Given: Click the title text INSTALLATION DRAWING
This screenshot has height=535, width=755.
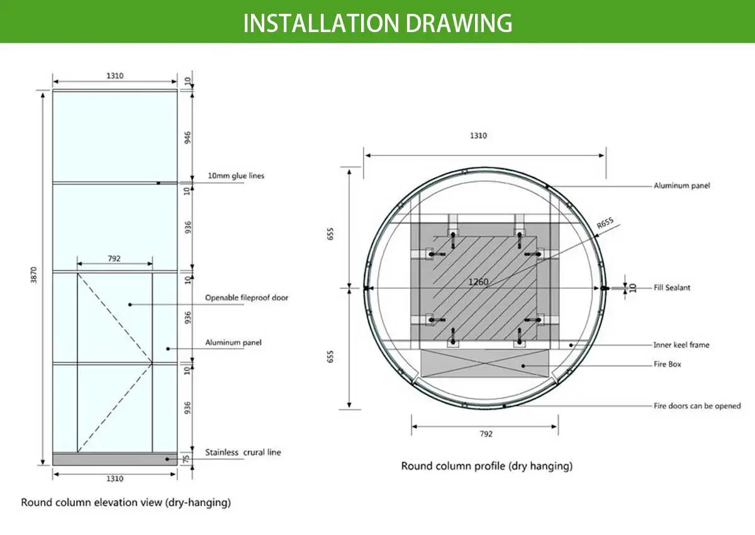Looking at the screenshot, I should point(377,23).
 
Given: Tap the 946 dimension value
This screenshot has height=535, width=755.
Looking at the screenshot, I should point(187,137).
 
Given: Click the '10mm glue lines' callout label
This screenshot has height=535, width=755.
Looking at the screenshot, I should point(236,176).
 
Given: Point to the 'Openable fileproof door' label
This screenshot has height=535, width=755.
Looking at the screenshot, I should point(247,297).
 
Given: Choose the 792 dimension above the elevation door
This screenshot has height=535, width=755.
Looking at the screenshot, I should point(114,257).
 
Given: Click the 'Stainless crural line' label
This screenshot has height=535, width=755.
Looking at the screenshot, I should point(243,452).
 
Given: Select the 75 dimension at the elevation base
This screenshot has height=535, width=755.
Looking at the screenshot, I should point(187,459).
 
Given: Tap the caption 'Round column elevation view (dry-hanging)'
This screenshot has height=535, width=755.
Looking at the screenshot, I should point(126,502).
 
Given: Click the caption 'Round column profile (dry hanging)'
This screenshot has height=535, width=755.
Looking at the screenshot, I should point(486,466).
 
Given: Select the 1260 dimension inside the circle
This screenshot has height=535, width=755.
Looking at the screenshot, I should point(478,282).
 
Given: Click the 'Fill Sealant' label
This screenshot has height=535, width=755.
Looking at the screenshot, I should point(671,288).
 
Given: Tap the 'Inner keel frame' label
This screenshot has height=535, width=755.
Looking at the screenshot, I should point(681,345).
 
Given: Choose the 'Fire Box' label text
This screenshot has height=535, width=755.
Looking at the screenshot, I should point(667,364).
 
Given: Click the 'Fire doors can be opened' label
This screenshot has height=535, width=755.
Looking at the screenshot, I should point(697,406).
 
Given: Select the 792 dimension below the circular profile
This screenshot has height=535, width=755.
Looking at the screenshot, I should point(486,434).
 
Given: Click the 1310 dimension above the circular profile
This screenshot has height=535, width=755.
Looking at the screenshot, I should point(478,135).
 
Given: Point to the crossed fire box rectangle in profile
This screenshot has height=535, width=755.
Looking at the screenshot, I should point(484,364).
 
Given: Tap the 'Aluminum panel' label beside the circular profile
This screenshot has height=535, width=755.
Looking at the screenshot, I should point(681,186).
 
